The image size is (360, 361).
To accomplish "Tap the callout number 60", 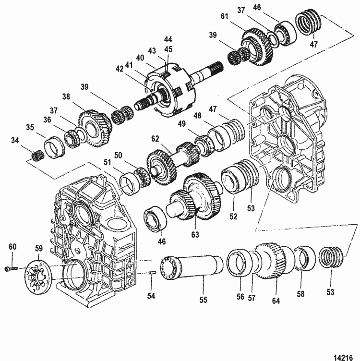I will coord(12,246).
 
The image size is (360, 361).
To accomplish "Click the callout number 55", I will coord(203,300).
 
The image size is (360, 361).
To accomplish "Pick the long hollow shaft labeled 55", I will coord(192,267).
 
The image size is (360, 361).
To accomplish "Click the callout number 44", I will coord(168,38).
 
